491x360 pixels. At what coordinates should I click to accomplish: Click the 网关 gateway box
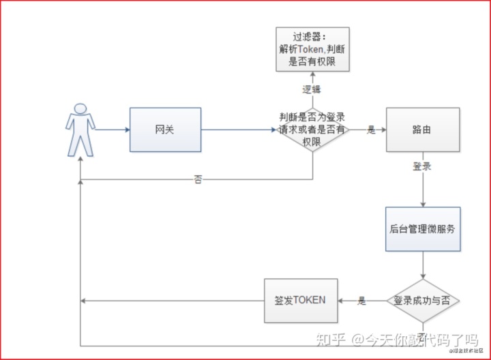point(165,130)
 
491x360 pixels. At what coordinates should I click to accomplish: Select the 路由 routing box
point(422,130)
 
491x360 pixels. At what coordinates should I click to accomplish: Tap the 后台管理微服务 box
point(422,229)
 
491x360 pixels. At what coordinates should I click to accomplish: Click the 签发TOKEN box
point(300,300)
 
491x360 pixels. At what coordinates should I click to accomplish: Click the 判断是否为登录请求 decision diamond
point(313,130)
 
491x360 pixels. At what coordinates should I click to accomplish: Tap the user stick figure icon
point(80,130)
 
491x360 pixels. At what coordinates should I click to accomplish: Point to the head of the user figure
point(80,109)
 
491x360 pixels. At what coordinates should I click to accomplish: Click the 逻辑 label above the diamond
point(312,89)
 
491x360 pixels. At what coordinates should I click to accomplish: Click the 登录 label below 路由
point(421,166)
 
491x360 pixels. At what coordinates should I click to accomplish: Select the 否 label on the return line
point(198,180)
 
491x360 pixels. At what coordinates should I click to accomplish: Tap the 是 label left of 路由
point(371,130)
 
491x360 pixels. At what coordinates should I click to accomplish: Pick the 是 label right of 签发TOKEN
point(362,300)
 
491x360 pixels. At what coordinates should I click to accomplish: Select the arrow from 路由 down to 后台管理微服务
point(423,187)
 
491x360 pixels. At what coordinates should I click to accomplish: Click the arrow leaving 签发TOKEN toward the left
point(170,301)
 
